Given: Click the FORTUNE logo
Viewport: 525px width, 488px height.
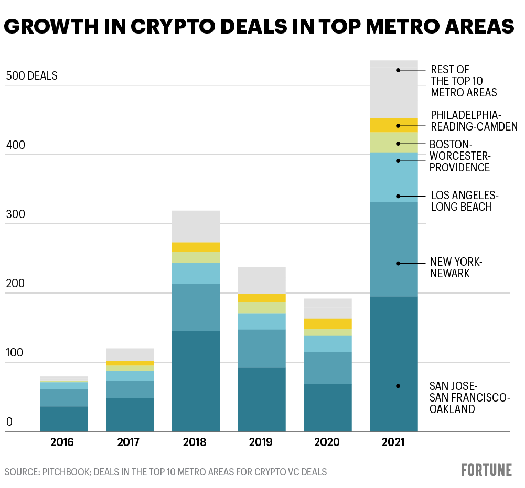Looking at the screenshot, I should pos(486,470).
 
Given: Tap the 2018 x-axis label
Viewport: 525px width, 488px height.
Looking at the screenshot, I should pos(195,442).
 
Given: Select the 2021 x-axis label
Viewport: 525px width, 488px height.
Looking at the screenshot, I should pos(393,442).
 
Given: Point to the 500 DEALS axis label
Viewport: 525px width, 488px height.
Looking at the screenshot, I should pos(31,76).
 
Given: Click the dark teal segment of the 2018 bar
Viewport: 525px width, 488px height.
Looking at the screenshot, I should pos(196,381).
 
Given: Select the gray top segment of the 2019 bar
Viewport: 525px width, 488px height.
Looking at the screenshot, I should pos(262,280).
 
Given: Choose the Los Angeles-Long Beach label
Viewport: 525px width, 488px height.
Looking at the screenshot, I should pos(464,201).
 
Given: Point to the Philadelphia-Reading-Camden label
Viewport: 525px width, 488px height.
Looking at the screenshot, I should pos(474,121).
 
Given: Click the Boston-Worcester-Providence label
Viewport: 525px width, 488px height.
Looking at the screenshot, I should pos(459,156).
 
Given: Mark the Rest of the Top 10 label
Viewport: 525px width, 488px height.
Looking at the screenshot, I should pos(464,81).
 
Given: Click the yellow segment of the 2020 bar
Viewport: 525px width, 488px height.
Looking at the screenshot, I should pos(328,323).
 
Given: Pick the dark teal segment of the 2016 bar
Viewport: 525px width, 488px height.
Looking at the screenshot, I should pos(63,419).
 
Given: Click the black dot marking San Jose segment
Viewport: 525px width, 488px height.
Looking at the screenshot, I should pos(398,386).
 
